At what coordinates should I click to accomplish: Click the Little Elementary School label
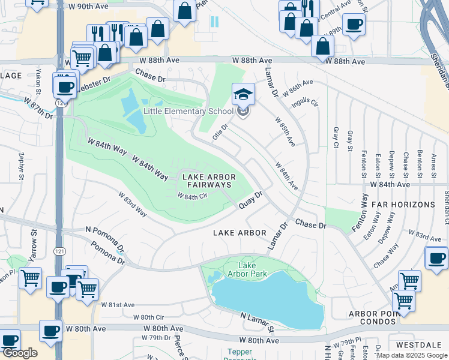[x=188, y=110]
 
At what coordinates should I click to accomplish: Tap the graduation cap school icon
[x=243, y=95]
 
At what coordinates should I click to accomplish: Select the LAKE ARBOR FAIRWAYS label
[x=207, y=181]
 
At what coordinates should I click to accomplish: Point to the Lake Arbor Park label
[x=252, y=269]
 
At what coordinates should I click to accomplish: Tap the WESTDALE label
[x=426, y=346]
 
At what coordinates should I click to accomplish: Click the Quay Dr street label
[x=251, y=200]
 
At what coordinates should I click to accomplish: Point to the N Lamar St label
[x=257, y=322]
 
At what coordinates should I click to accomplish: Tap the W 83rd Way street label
[x=132, y=205]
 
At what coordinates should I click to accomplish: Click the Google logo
[x=19, y=353]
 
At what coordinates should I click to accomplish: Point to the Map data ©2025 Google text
[x=412, y=355]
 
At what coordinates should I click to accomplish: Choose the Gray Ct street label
[x=336, y=137]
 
